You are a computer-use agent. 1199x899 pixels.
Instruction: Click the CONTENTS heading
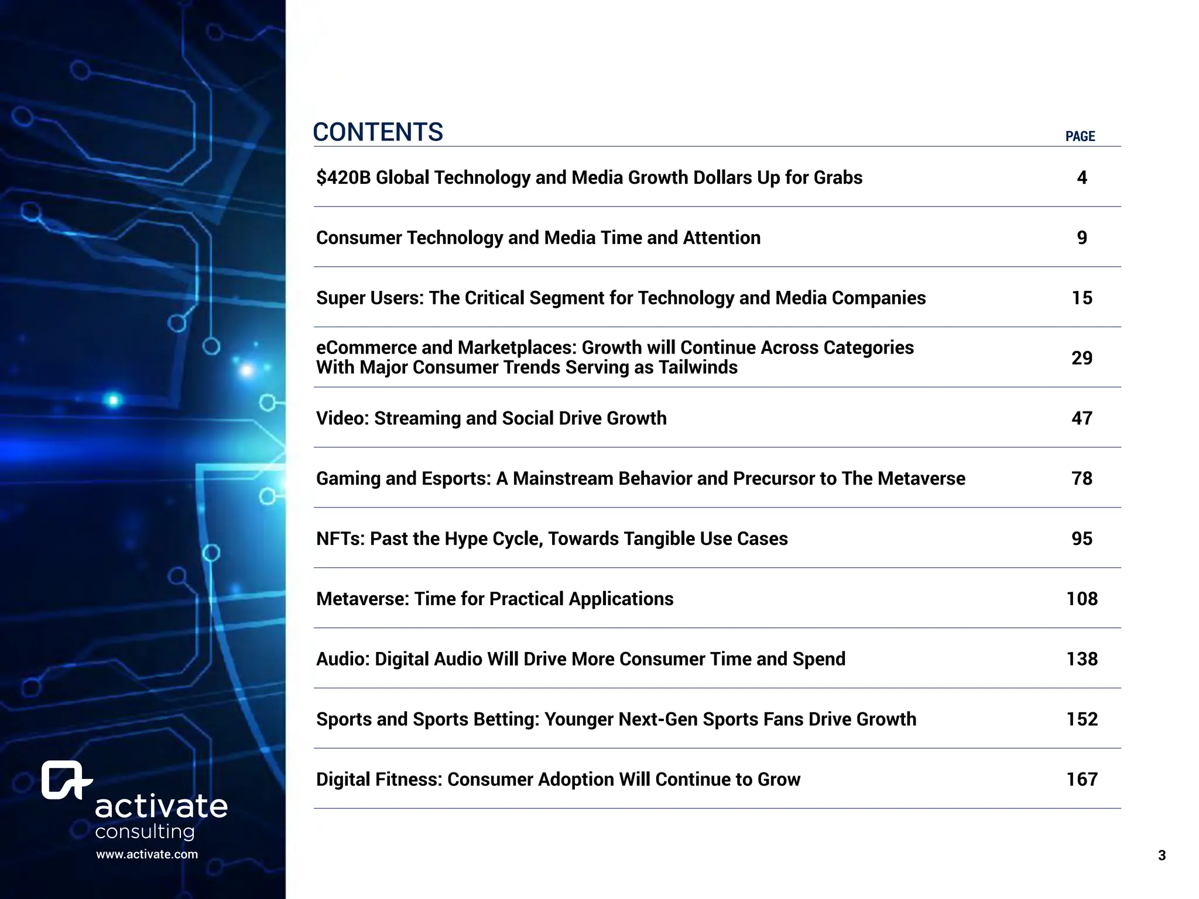tap(378, 132)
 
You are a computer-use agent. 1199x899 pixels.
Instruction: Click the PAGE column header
tap(1080, 136)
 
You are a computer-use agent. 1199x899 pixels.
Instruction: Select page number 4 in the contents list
tap(1081, 177)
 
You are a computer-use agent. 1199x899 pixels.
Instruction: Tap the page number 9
tap(1081, 238)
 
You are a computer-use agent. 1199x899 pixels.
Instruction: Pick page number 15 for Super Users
tap(1081, 298)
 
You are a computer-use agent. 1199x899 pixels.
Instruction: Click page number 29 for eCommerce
tap(1081, 358)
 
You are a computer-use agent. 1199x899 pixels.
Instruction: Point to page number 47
tap(1081, 418)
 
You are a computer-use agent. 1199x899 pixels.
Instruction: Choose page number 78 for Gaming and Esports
tap(1081, 478)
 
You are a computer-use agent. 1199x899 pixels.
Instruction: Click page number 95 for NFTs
tap(1081, 538)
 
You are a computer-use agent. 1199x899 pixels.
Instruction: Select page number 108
tap(1081, 599)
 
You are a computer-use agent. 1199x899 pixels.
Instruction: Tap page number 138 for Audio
tap(1081, 659)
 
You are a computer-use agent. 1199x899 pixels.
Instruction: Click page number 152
tap(1081, 719)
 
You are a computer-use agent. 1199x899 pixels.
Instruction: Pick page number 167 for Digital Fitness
tap(1081, 779)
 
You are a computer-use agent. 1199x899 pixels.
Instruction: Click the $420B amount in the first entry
tap(343, 177)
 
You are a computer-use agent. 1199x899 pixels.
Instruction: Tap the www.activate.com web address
tap(147, 854)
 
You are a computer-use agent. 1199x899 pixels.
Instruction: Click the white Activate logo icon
tap(65, 780)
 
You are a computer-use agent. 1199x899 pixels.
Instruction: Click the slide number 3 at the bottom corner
tap(1162, 856)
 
